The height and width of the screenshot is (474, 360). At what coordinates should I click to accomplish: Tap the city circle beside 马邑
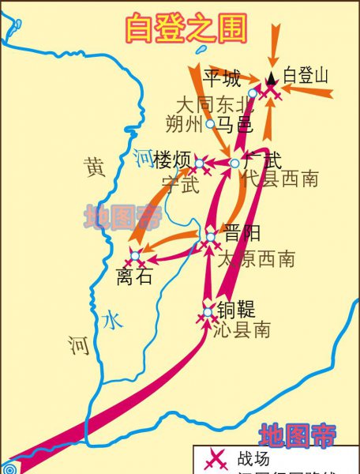210,124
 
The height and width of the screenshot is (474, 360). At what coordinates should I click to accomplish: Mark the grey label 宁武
180,184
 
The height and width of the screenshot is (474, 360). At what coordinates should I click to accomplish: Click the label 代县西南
280,179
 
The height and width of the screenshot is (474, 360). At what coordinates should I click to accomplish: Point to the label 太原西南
256,258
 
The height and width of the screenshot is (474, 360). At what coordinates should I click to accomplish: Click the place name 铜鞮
234,309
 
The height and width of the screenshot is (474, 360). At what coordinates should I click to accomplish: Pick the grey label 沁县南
242,331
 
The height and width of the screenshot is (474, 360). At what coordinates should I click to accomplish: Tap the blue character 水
112,320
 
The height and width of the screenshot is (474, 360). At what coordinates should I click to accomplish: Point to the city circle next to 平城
253,92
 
